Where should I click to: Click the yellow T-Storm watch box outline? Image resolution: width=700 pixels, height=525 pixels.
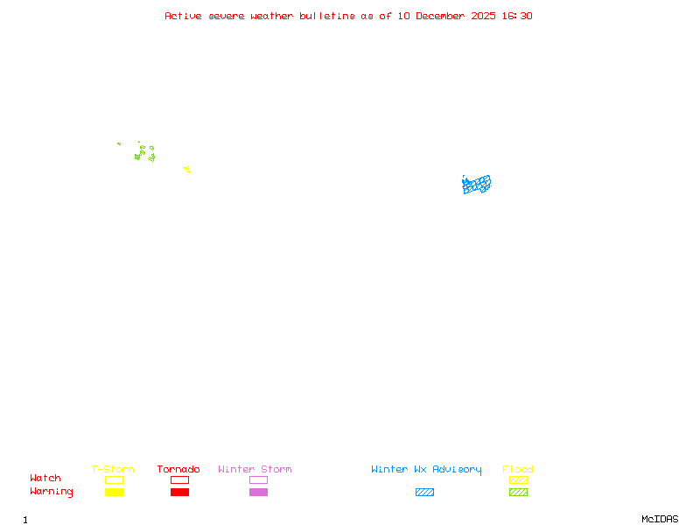coord(114,479)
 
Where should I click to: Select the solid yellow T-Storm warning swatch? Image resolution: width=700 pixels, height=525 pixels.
coord(114,492)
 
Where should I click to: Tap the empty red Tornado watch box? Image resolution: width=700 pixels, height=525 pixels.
coord(179,479)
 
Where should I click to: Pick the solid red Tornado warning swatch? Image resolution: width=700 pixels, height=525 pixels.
coord(179,492)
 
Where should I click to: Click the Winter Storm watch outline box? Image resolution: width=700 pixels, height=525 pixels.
coord(258,479)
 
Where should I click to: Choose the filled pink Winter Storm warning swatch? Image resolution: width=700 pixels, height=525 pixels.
coord(258,492)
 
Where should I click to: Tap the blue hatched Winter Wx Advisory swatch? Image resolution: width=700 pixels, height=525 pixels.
coord(424,492)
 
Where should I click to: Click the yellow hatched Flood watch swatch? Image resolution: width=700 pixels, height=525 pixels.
coord(518,479)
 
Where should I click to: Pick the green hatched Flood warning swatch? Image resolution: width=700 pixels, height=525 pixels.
coord(518,492)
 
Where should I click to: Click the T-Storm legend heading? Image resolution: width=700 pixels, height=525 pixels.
coord(113,469)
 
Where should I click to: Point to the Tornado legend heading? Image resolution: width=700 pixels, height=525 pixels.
coord(178,469)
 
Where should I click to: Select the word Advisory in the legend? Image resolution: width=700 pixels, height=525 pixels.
coord(457,469)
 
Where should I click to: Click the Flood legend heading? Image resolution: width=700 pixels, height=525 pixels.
coord(518,469)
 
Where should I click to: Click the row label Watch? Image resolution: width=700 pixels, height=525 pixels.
coord(45,479)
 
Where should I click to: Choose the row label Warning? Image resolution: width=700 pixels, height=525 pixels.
coord(52,492)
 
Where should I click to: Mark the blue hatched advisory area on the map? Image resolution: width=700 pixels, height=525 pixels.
coord(476,185)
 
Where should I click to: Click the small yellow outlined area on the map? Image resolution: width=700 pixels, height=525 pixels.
coord(186,170)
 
